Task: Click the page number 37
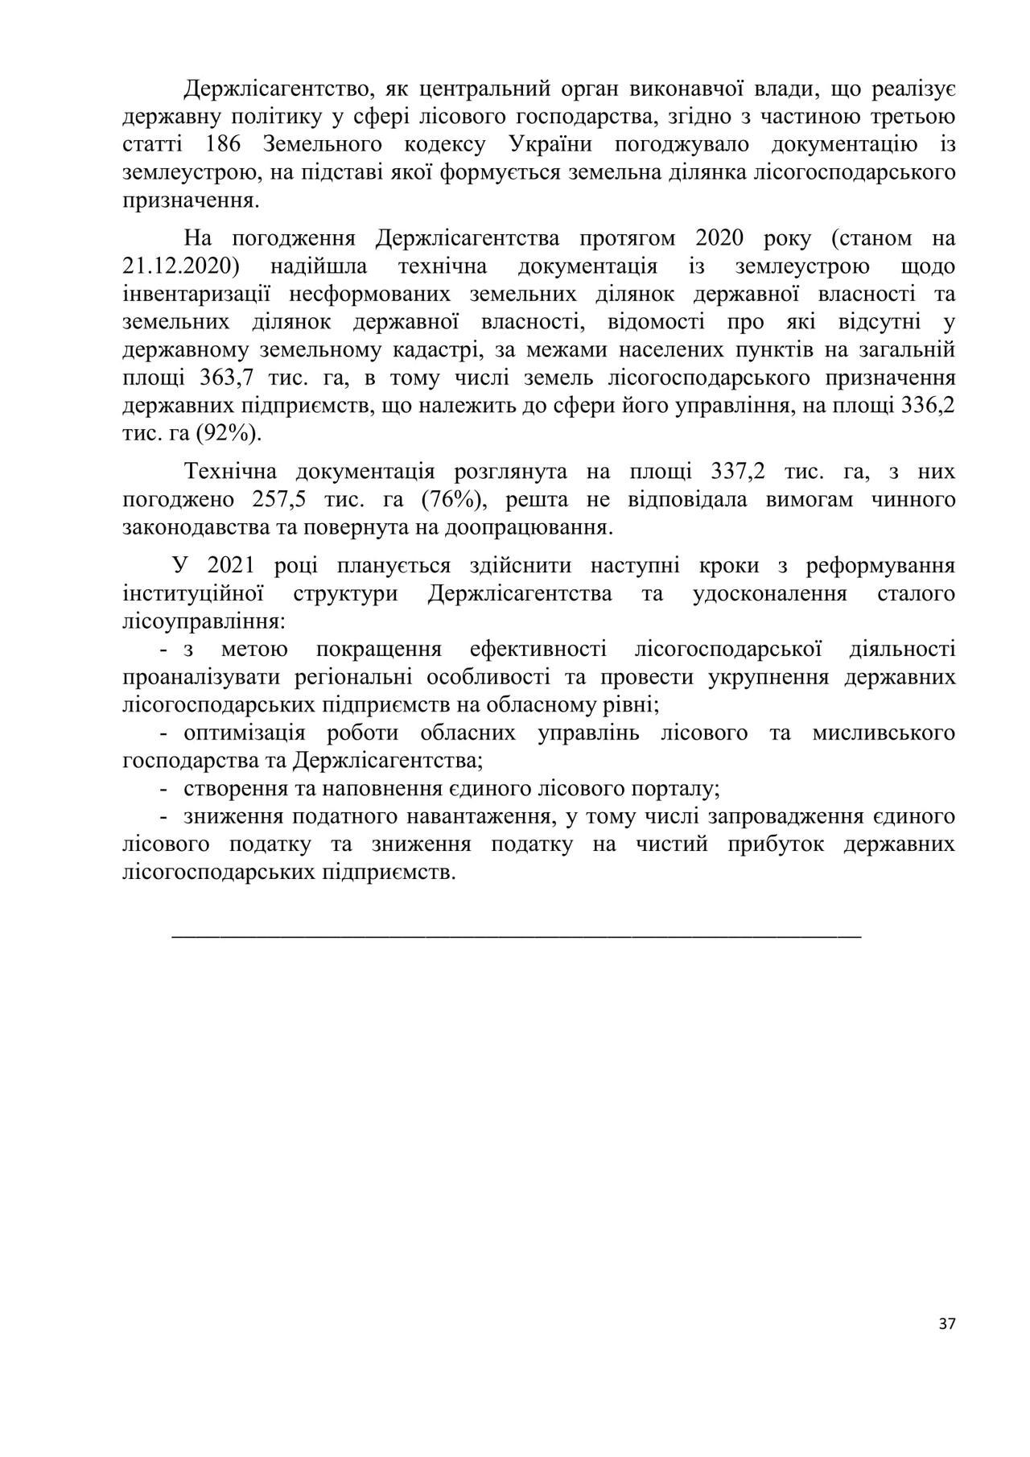point(947,1323)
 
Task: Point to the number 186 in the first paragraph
point(225,145)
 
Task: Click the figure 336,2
point(929,406)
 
